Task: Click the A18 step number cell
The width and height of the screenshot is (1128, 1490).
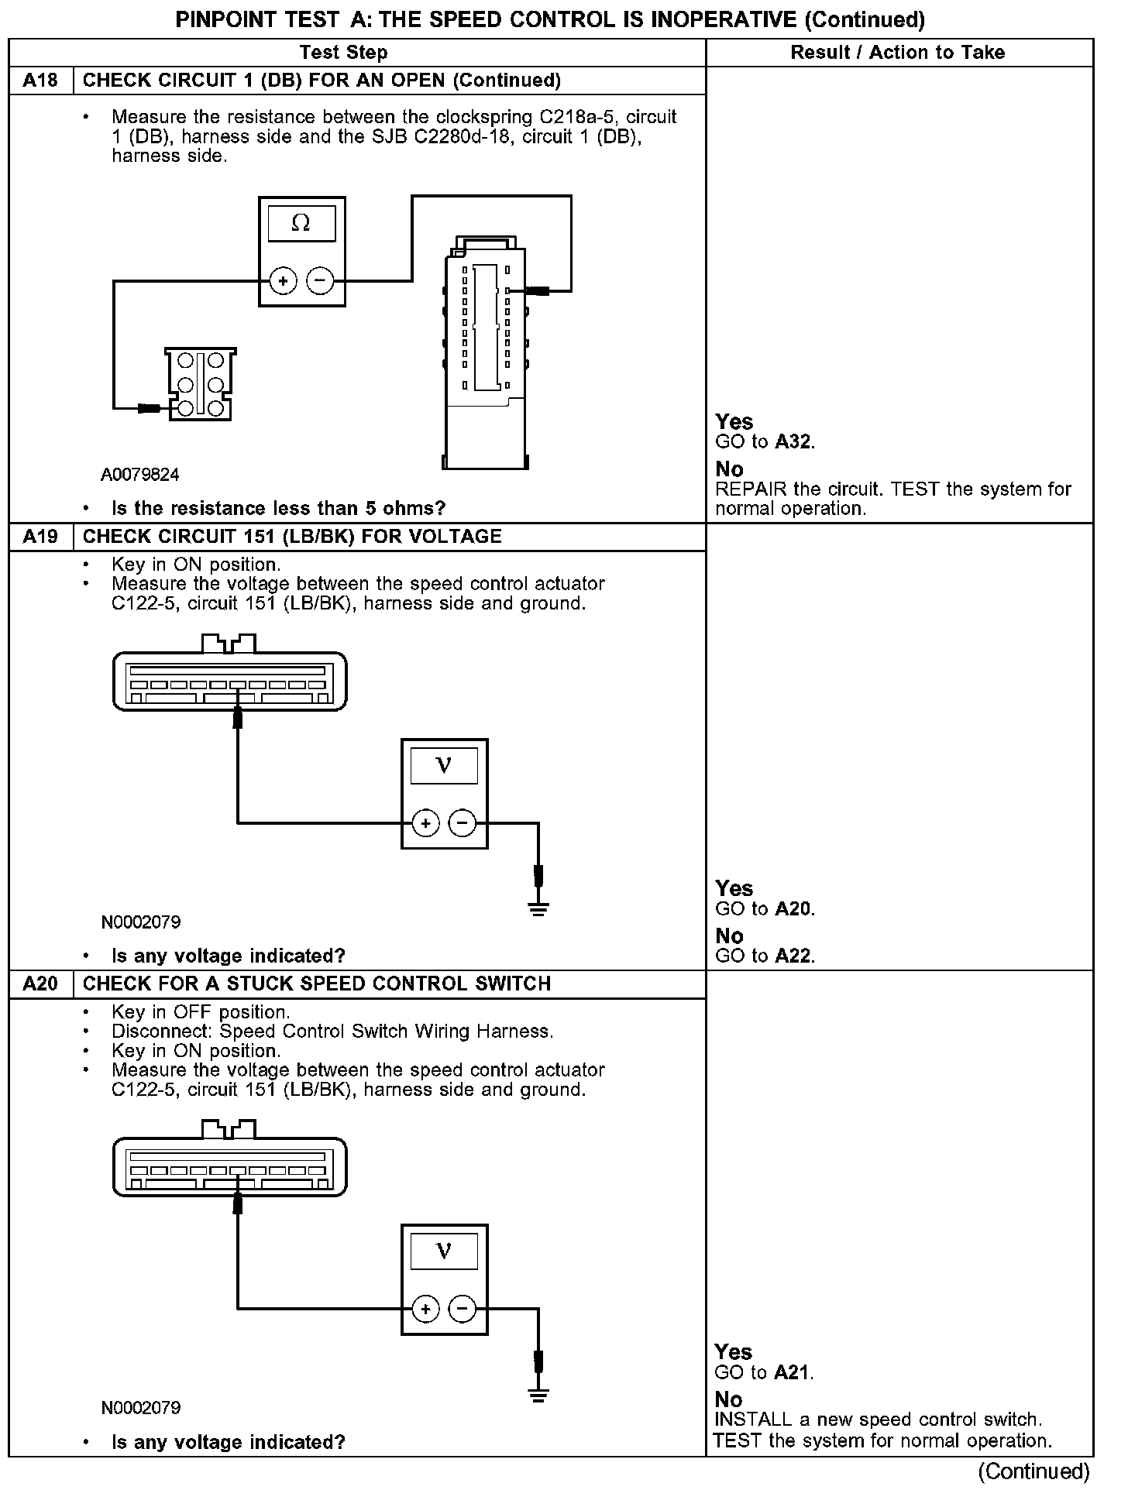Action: (x=40, y=81)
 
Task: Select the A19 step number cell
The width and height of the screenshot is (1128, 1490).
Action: (x=40, y=537)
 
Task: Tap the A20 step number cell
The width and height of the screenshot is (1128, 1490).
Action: (x=40, y=984)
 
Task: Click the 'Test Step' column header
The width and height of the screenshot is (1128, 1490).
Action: (x=343, y=53)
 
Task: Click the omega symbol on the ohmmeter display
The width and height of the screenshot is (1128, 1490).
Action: (x=301, y=224)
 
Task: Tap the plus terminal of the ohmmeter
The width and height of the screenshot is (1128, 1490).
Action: (x=284, y=280)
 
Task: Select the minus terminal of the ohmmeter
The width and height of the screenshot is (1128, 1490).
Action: (x=321, y=280)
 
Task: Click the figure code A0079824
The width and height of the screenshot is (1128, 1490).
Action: (x=139, y=475)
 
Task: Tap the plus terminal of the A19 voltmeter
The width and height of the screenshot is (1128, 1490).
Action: (x=425, y=822)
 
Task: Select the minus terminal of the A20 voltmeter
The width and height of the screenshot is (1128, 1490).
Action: (x=463, y=1310)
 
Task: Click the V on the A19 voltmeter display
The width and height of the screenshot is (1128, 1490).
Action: (x=444, y=766)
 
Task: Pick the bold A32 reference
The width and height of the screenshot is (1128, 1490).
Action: (x=793, y=442)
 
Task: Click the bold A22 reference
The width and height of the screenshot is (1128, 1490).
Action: (x=793, y=956)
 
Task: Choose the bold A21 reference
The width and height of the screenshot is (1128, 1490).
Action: (x=793, y=1373)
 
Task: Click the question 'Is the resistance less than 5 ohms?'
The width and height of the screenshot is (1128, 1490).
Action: (x=279, y=509)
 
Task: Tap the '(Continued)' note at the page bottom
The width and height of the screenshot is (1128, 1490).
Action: (x=1033, y=1471)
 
